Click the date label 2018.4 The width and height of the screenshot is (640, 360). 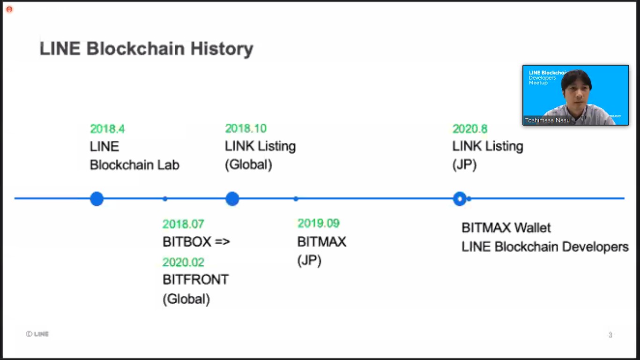[107, 129]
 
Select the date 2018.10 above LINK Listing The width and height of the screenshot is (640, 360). [246, 128]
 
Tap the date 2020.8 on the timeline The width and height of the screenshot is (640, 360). [469, 129]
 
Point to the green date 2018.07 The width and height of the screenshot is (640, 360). [183, 224]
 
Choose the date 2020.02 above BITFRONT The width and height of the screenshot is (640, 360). [183, 262]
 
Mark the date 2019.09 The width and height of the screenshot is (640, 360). [319, 223]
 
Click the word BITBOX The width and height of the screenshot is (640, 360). [186, 242]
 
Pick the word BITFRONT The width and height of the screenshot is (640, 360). [195, 280]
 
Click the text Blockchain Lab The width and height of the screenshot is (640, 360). [134, 165]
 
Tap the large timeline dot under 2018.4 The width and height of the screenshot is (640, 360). [97, 199]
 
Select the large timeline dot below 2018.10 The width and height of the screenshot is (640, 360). [232, 199]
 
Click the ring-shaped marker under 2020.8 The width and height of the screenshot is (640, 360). [460, 199]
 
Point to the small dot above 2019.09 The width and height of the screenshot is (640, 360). [296, 199]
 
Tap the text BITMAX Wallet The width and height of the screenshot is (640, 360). [506, 228]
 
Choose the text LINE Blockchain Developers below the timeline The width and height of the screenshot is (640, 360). [545, 247]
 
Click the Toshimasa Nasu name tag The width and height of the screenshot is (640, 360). [546, 120]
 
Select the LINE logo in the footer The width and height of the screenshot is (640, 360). [37, 334]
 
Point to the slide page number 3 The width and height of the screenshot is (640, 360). [610, 335]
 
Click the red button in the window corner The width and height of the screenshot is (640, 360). [9, 9]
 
